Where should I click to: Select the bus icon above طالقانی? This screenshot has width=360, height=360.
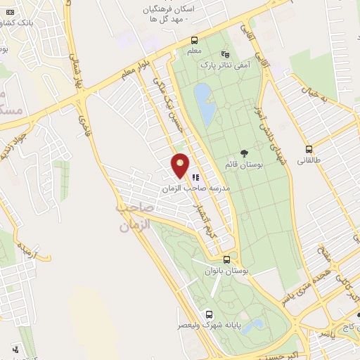(309, 148)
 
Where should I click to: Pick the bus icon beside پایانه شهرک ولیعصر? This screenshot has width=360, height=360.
(209, 314)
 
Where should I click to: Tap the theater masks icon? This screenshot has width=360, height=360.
(225, 53)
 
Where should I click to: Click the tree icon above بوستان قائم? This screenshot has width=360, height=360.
(244, 153)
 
